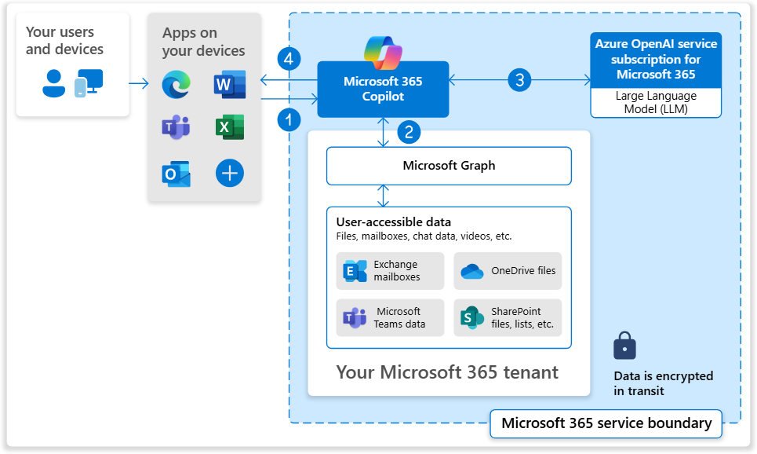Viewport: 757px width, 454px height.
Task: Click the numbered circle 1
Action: (289, 119)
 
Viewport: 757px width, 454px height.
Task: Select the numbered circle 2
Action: (409, 131)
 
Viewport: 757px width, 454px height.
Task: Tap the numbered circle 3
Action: (519, 79)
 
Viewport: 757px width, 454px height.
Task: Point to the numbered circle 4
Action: (289, 59)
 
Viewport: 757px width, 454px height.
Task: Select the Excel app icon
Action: (229, 127)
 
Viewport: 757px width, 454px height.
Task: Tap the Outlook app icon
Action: (176, 174)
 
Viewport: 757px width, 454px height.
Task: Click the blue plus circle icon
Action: (229, 174)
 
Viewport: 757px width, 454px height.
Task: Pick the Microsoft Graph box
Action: (449, 166)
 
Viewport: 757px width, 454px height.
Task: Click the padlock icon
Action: (624, 346)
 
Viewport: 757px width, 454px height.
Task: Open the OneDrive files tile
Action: (508, 271)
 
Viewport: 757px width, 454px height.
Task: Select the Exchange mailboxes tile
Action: (390, 271)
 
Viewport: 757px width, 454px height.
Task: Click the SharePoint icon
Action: (471, 318)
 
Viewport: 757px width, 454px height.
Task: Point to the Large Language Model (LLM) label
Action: (656, 103)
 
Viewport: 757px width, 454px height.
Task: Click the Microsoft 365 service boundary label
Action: (606, 423)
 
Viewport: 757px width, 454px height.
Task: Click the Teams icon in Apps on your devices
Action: (176, 127)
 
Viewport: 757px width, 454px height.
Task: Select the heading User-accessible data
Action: (394, 222)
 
